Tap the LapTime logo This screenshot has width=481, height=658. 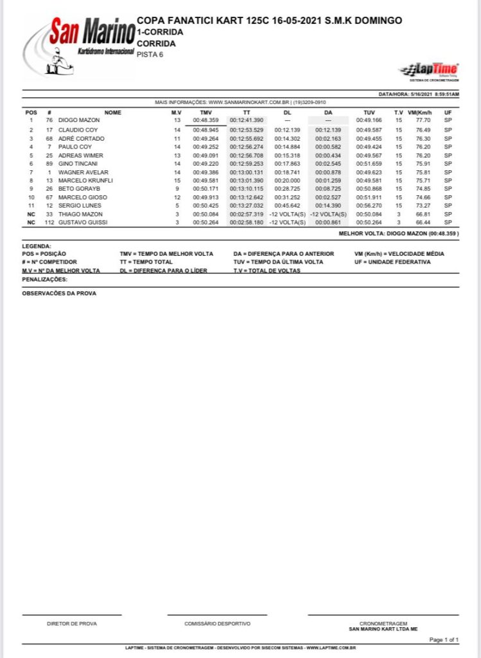coord(429,70)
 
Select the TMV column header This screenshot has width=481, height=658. coord(206,112)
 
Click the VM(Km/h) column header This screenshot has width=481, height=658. coord(420,112)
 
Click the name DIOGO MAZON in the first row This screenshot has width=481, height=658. coord(79,120)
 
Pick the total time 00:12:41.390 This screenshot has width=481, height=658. coord(247,120)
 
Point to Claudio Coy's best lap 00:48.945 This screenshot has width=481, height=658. coord(206,130)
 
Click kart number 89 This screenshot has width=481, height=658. coord(49,164)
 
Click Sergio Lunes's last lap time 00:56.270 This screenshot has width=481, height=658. coord(369,206)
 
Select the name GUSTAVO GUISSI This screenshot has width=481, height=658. coord(83,222)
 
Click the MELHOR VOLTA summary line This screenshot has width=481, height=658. coord(398,234)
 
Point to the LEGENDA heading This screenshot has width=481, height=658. coord(37,246)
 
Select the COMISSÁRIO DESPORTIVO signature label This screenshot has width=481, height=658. coord(217,623)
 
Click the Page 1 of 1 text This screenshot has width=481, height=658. coord(444,639)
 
